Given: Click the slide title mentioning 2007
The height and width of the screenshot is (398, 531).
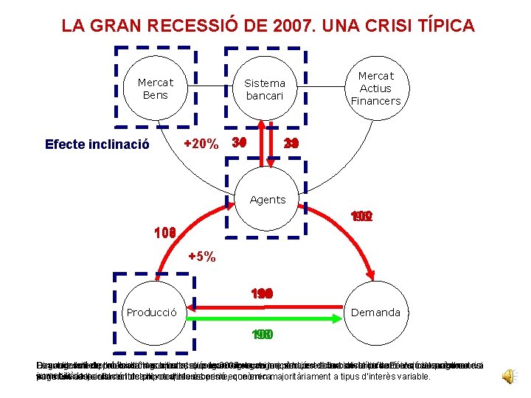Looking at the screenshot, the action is pyautogui.click(x=268, y=27).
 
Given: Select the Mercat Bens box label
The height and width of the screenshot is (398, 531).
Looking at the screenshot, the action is pyautogui.click(x=156, y=89).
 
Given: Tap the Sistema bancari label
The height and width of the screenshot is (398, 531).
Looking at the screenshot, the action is pyautogui.click(x=265, y=89).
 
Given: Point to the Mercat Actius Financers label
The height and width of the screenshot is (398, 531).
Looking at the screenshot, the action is pyautogui.click(x=375, y=88).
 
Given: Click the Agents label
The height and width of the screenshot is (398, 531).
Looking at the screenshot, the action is pyautogui.click(x=268, y=200).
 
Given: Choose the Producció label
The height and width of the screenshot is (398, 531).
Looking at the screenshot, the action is pyautogui.click(x=152, y=313).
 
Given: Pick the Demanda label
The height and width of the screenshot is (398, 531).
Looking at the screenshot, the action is pyautogui.click(x=375, y=313).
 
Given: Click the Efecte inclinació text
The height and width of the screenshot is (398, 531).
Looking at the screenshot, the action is pyautogui.click(x=97, y=144).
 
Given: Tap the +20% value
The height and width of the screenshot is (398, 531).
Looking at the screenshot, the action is pyautogui.click(x=201, y=144).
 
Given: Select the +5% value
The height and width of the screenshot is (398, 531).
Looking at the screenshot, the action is pyautogui.click(x=201, y=257).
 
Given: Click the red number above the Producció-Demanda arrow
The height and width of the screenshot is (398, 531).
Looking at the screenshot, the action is pyautogui.click(x=261, y=294).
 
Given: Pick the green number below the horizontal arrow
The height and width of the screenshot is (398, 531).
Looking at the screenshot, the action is pyautogui.click(x=261, y=335).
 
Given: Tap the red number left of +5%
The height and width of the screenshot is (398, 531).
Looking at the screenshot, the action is pyautogui.click(x=164, y=234).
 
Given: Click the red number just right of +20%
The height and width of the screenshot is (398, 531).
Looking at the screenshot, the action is pyautogui.click(x=238, y=142).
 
